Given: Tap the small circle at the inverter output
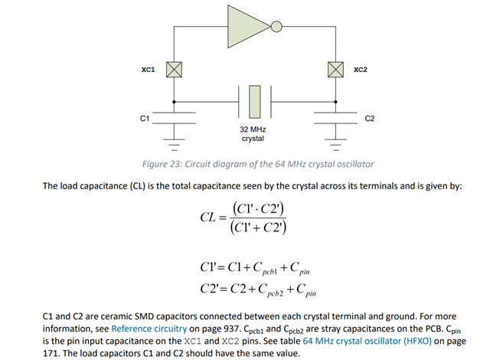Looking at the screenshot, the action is click(x=276, y=27).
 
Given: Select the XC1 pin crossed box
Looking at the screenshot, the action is click(x=174, y=70).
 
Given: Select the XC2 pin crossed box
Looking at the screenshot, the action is click(x=335, y=70).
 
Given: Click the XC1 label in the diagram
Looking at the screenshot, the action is click(x=148, y=70).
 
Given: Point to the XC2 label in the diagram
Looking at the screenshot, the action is click(x=361, y=70).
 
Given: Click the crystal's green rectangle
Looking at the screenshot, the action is click(x=255, y=102).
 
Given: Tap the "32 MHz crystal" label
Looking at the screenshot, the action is click(x=253, y=134).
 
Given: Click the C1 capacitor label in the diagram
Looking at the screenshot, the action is click(x=145, y=119).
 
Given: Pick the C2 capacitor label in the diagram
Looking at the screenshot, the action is click(x=369, y=119).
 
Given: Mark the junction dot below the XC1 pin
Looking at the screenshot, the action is click(x=174, y=102).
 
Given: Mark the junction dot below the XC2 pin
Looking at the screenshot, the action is click(x=335, y=102).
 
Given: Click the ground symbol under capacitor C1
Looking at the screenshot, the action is click(x=174, y=144).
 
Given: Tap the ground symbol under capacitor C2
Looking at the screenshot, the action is click(x=335, y=144).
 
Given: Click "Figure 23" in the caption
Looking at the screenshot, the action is click(x=162, y=164).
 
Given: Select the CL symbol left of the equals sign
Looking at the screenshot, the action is click(x=208, y=218).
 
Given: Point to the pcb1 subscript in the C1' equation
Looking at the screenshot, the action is click(x=269, y=272).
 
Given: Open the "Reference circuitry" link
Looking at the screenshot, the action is click(x=149, y=329).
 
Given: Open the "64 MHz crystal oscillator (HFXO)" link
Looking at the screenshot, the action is click(x=367, y=341).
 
